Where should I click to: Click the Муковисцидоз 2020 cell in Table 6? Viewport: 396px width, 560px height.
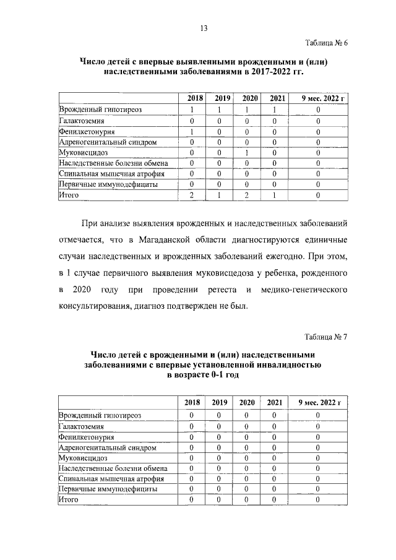(246, 152)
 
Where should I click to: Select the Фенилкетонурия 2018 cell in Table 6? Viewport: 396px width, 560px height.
(192, 131)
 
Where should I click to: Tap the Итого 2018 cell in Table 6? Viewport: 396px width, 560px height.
(192, 196)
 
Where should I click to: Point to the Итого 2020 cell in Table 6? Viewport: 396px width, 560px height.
(246, 196)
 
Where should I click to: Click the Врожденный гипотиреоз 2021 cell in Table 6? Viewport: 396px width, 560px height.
(273, 110)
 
